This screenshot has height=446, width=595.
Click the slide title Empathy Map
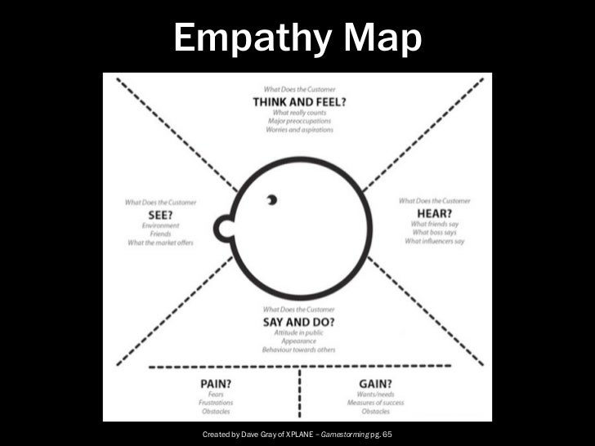pyautogui.click(x=297, y=37)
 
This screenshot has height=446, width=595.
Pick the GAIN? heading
pyautogui.click(x=373, y=382)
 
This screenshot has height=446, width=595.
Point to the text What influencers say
pyautogui.click(x=435, y=242)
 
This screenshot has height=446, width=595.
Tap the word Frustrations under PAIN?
pyautogui.click(x=217, y=402)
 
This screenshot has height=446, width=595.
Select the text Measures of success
pyautogui.click(x=373, y=402)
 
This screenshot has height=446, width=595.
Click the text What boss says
pyautogui.click(x=436, y=233)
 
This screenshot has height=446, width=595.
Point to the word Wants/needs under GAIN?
pyautogui.click(x=373, y=393)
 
